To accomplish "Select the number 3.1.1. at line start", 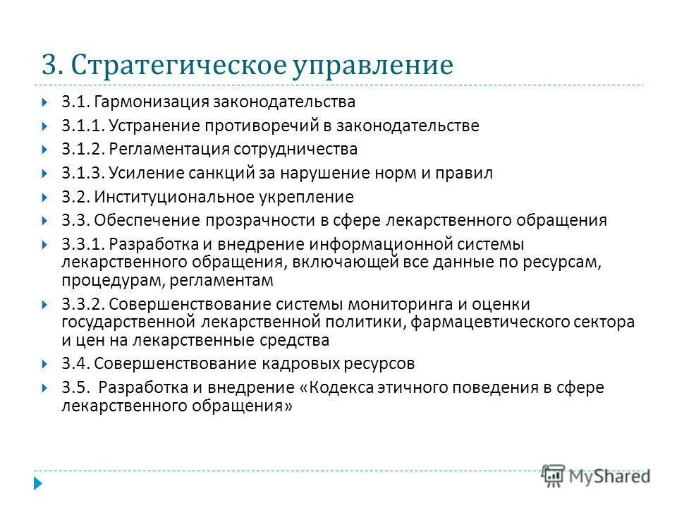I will (83, 126).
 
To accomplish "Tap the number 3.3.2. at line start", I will (83, 304).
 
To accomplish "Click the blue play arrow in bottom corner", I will (39, 484).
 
